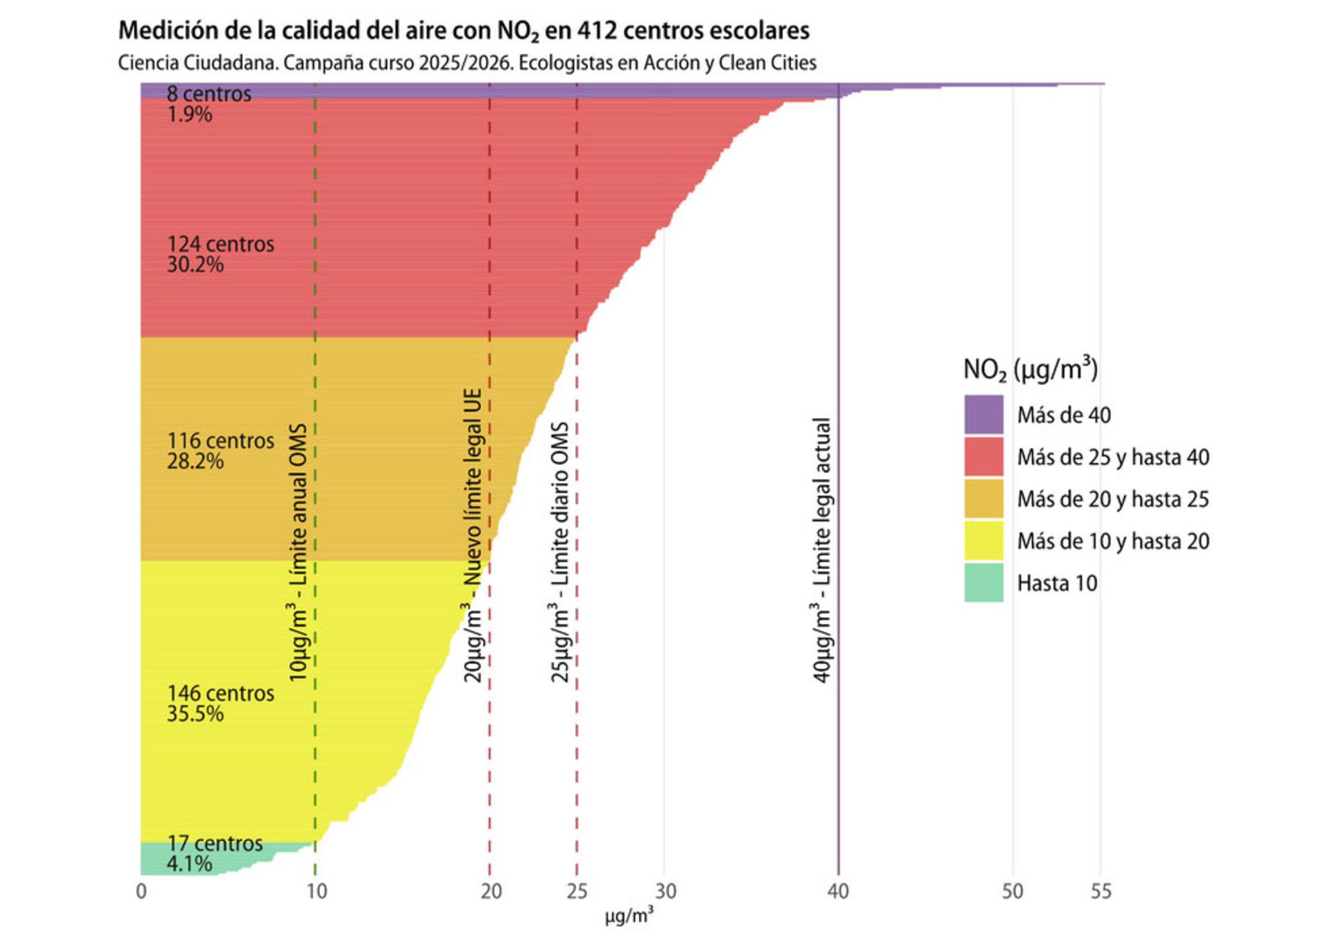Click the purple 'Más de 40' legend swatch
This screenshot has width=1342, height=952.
984,415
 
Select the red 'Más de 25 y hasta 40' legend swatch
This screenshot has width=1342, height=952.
984,457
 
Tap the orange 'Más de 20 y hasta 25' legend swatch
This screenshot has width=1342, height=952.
984,498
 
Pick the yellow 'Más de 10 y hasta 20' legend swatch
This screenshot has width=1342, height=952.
984,541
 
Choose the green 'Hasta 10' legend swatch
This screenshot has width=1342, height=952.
984,582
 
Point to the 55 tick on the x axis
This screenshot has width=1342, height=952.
1100,892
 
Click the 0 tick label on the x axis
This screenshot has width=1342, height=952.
141,892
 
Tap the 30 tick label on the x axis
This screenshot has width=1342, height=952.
665,892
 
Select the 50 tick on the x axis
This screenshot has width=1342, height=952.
1013,892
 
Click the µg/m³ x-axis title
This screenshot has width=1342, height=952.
629,916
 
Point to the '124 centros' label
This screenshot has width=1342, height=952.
220,244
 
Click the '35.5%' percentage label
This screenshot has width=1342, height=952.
195,714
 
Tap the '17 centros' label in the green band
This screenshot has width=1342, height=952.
215,843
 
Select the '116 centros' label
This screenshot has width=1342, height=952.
220,441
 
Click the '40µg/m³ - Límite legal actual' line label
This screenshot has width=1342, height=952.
822,550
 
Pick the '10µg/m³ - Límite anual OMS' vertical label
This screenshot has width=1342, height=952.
298,552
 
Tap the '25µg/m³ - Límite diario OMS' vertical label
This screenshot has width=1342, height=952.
560,552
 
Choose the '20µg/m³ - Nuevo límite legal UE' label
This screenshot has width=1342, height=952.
474,535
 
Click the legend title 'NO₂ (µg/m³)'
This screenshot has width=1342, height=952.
1030,369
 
